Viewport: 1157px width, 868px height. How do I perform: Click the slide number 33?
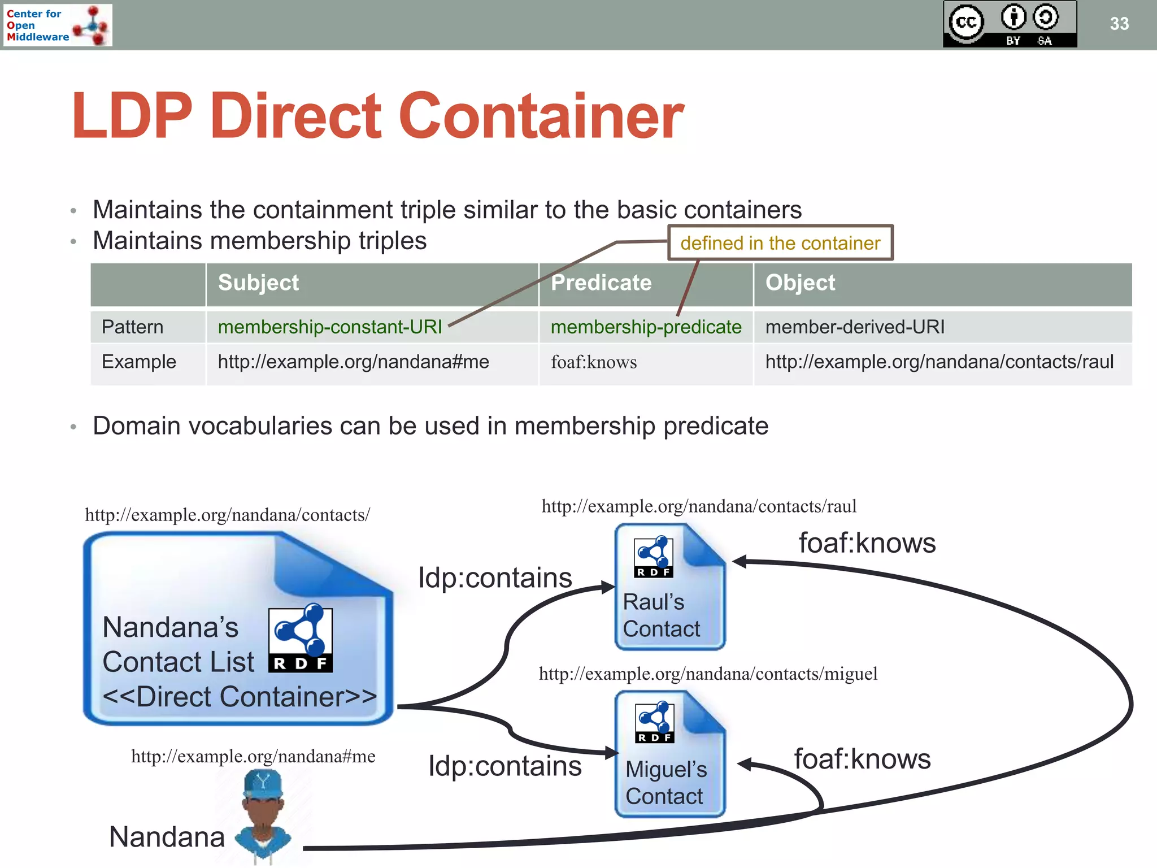click(1119, 24)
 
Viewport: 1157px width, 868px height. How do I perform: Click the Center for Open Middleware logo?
click(57, 25)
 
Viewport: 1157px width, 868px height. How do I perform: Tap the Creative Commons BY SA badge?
click(1010, 24)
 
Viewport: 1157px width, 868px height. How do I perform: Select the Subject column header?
click(258, 283)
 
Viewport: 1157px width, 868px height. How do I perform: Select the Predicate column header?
click(601, 283)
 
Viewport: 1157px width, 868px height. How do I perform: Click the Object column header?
click(799, 283)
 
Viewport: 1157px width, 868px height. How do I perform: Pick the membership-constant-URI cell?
click(329, 327)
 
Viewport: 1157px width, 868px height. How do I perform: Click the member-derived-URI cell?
click(854, 327)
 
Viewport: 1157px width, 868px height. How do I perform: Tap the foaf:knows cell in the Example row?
click(593, 362)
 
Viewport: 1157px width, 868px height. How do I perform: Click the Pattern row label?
click(132, 327)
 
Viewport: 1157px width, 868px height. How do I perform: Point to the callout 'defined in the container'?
click(780, 243)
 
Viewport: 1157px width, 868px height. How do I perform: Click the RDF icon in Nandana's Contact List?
click(300, 639)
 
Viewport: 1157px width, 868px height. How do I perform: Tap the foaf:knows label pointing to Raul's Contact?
click(867, 543)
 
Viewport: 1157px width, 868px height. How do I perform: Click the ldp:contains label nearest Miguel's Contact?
click(504, 766)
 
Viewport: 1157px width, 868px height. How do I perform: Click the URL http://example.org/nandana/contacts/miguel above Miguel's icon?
click(707, 674)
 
